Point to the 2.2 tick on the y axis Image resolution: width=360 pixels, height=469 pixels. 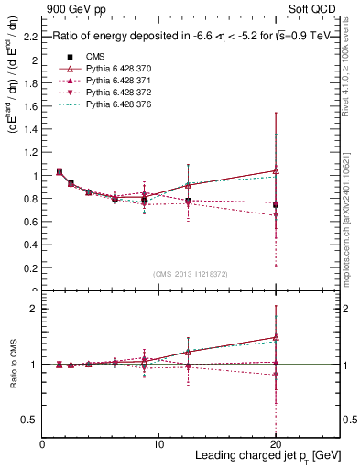[x=31, y=38]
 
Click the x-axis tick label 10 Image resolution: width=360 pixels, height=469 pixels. [x=158, y=444]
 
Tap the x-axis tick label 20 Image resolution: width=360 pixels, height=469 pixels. [x=275, y=444]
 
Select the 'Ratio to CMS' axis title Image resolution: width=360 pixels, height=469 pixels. [x=13, y=365]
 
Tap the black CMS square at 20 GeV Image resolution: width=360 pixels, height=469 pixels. [x=276, y=204]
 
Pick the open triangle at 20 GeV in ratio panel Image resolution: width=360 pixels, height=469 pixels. [x=276, y=337]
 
